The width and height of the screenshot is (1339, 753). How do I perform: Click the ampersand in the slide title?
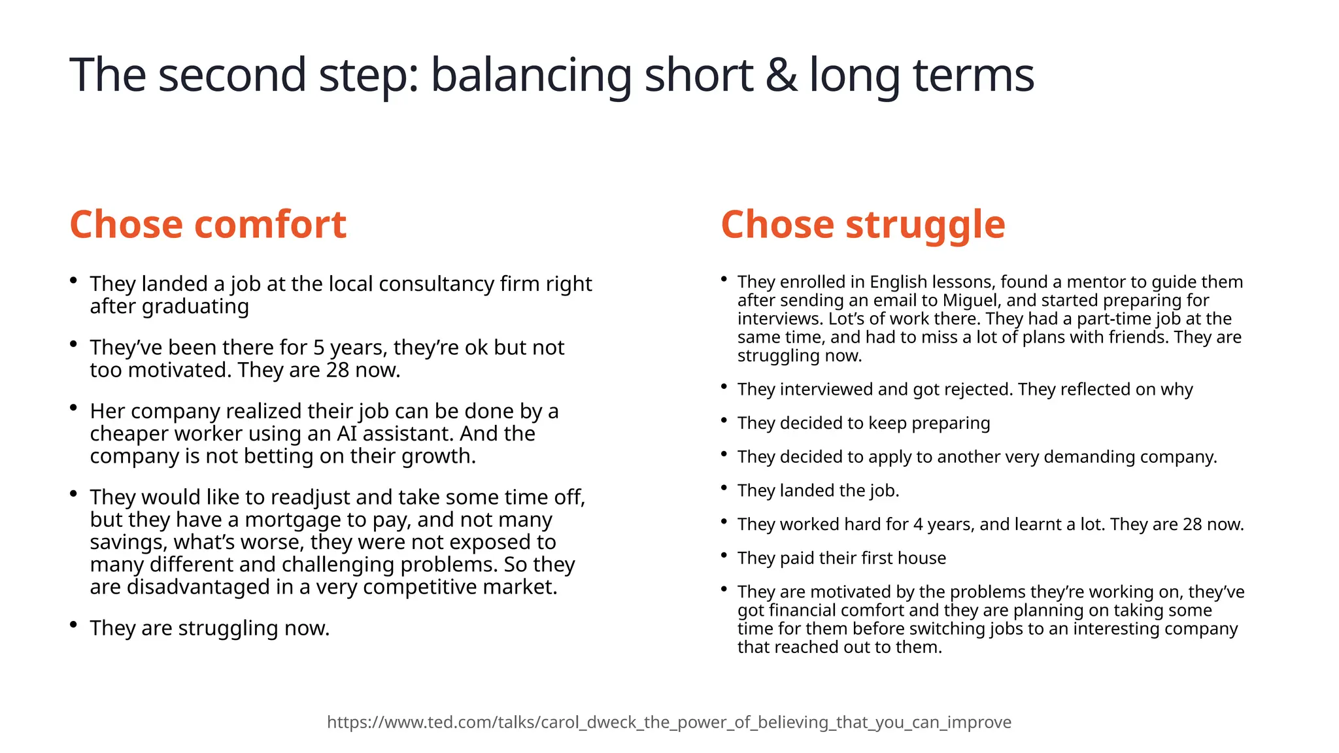pos(781,75)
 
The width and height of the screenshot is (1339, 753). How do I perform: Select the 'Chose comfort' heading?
pos(208,224)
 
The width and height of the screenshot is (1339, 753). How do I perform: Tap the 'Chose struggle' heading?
pos(862,224)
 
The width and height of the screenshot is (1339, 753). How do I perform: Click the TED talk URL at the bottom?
pos(669,722)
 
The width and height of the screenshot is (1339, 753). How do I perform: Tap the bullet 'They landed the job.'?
pos(818,490)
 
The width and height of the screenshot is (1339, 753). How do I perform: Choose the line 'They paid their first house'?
pos(841,558)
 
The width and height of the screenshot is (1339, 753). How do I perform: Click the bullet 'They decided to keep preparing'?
pos(863,423)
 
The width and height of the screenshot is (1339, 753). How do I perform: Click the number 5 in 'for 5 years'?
pos(319,347)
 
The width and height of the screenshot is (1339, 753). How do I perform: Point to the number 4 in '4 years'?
pos(917,524)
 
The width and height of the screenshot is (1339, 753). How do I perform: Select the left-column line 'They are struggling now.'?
pos(210,627)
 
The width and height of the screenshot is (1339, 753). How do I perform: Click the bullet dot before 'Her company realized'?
pos(74,407)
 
